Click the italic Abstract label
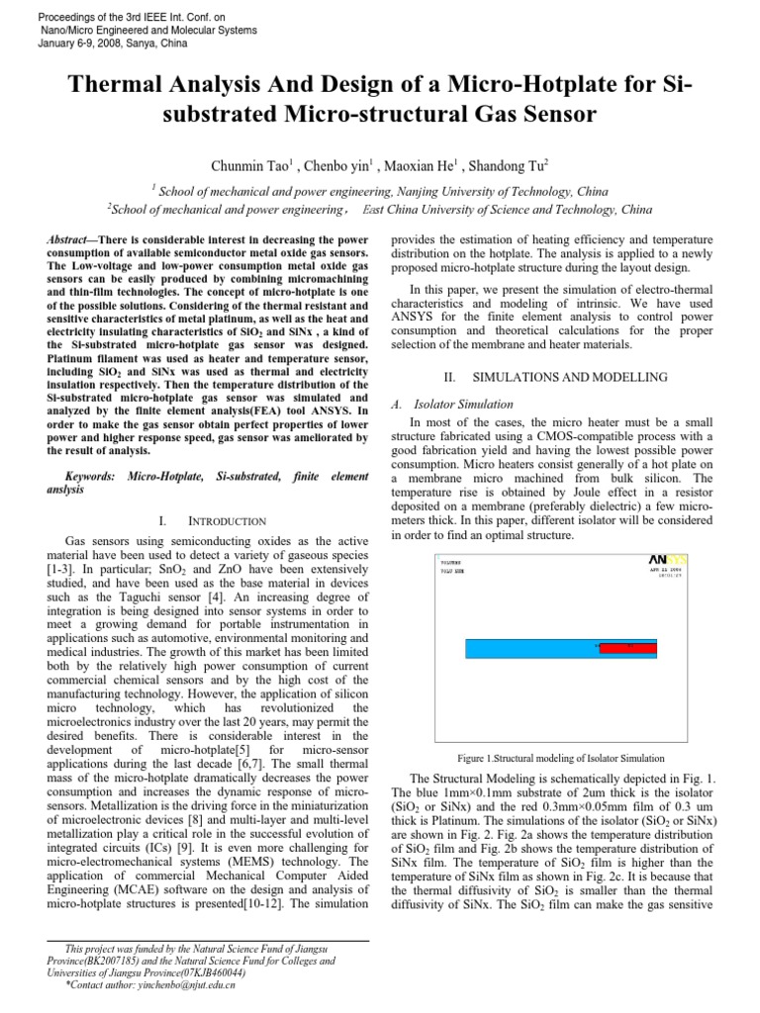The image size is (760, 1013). [70, 241]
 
